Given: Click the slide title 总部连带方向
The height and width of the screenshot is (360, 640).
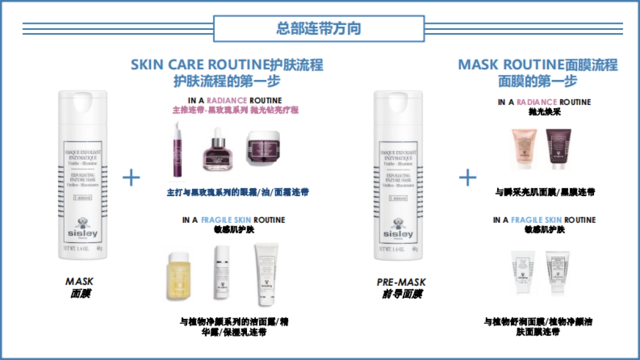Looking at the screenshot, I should point(318,28).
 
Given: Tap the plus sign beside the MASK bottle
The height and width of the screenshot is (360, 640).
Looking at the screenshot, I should point(131,178).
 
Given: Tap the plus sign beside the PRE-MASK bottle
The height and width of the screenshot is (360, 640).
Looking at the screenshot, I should point(468,178).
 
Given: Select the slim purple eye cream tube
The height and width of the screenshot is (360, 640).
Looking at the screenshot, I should point(177,151).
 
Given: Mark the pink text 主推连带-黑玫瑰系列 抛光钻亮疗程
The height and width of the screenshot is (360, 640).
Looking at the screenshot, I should point(235,110).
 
